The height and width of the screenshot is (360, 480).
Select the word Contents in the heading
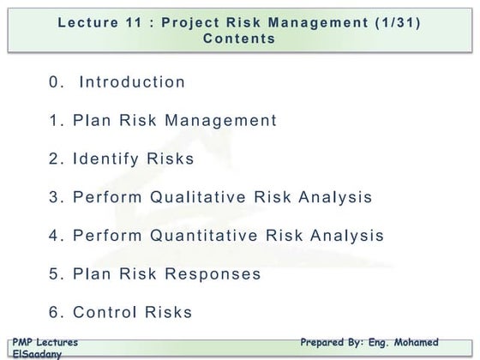pyautogui.click(x=239, y=39)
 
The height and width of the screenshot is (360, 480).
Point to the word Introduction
pyautogui.click(x=132, y=82)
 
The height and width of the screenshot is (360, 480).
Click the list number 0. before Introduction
pyautogui.click(x=57, y=82)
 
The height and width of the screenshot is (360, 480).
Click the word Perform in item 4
pyautogui.click(x=107, y=236)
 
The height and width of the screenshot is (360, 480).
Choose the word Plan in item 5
pyautogui.click(x=93, y=274)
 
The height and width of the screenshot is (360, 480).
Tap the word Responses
pyautogui.click(x=212, y=274)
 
